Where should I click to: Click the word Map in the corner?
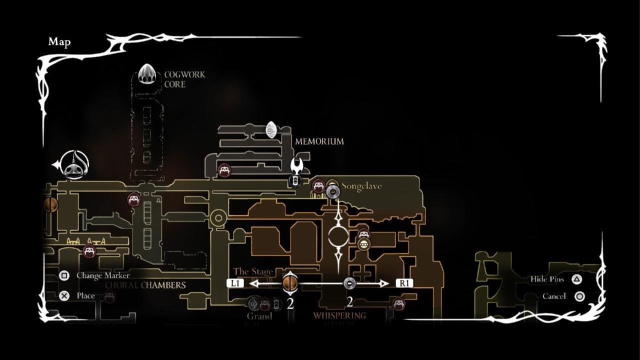pos(59,42)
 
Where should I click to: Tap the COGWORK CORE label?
pos(184,79)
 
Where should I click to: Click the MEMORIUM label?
pos(319,141)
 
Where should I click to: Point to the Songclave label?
pos(361,186)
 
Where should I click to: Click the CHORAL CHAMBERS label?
pos(145,285)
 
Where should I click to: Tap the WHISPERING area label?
pos(339,315)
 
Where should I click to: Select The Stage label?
pos(253,272)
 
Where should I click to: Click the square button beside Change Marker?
pos(64,275)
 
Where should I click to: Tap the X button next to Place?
pos(64,295)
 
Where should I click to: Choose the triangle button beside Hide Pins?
pos(577,279)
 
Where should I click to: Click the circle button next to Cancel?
pos(579,296)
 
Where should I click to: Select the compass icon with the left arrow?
pos(73,164)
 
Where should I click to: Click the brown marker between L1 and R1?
pos(290,283)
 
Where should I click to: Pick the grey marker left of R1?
pos(350,283)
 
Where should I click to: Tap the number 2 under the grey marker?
pos(349,302)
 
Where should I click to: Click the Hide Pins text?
pos(547,279)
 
